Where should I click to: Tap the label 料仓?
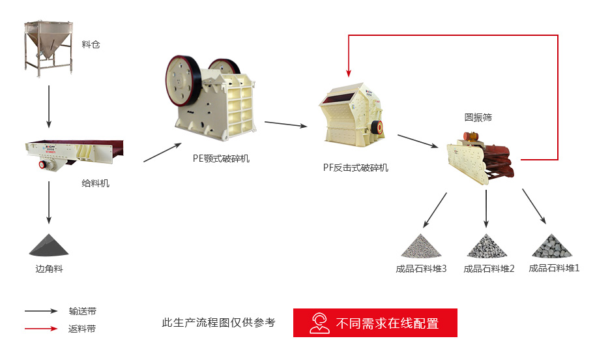(x=91, y=44)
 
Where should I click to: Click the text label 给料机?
(x=96, y=183)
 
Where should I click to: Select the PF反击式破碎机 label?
(x=356, y=168)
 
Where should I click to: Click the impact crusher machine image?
(x=351, y=115)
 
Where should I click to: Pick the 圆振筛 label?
(x=478, y=117)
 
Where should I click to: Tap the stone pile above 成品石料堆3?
(x=421, y=246)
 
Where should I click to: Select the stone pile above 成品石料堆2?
(x=486, y=246)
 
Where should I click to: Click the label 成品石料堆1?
(x=554, y=267)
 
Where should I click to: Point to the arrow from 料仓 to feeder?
(x=49, y=106)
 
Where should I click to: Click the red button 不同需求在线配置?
(x=375, y=322)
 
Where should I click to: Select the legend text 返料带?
(x=82, y=329)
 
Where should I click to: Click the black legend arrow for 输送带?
(x=41, y=311)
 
